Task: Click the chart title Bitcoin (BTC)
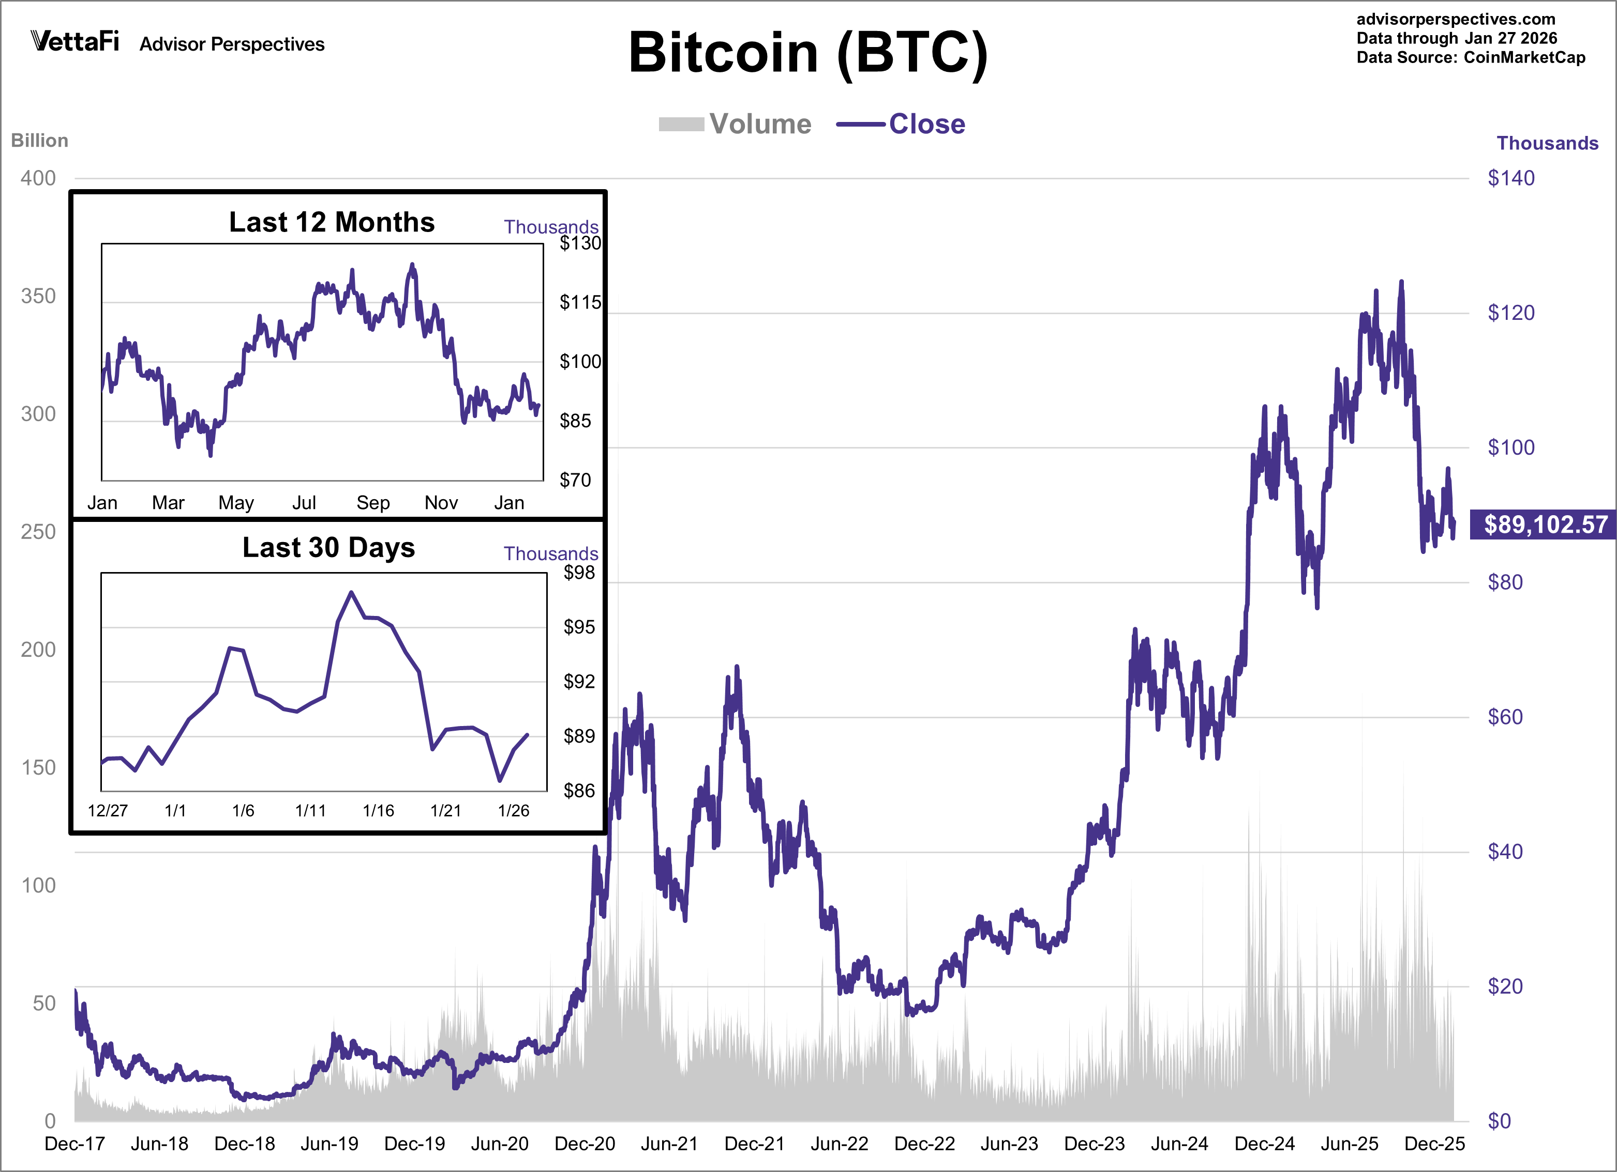pyautogui.click(x=808, y=53)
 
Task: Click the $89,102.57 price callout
pyautogui.click(x=1544, y=525)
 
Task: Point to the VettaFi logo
pyautogui.click(x=75, y=41)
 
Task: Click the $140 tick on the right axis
pyautogui.click(x=1511, y=178)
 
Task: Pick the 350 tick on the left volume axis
pyautogui.click(x=38, y=297)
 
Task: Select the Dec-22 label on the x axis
pyautogui.click(x=924, y=1144)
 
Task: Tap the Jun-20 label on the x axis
pyautogui.click(x=499, y=1144)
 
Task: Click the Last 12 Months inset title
pyautogui.click(x=332, y=222)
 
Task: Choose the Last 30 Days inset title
pyautogui.click(x=328, y=547)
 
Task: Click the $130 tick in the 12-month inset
pyautogui.click(x=580, y=244)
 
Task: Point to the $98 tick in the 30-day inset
pyautogui.click(x=579, y=573)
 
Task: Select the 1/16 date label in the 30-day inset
pyautogui.click(x=378, y=811)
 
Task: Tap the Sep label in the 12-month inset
pyautogui.click(x=373, y=503)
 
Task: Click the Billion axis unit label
pyautogui.click(x=40, y=141)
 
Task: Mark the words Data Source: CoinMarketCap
pyautogui.click(x=1470, y=58)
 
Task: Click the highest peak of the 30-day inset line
pyautogui.click(x=351, y=592)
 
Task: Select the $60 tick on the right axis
pyautogui.click(x=1505, y=717)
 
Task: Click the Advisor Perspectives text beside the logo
pyautogui.click(x=232, y=44)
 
